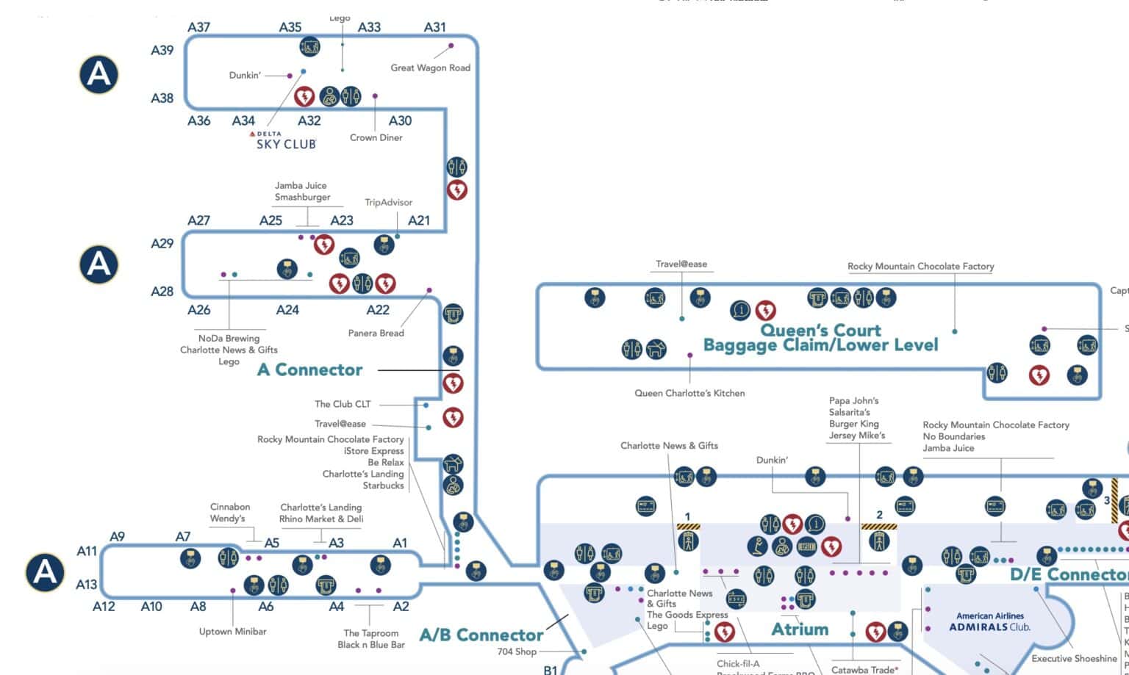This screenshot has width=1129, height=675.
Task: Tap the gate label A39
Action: [162, 51]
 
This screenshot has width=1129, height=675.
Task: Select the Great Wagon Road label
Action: [430, 68]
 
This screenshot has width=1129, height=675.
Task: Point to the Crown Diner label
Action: [376, 137]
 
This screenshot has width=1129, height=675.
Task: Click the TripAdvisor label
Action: [388, 202]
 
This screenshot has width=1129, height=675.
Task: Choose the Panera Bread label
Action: [376, 333]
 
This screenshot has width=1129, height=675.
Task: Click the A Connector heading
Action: [309, 369]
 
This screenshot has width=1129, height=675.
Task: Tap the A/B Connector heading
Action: [481, 635]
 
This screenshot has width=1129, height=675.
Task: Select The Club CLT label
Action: [343, 404]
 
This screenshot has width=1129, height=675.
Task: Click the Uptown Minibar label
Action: [232, 632]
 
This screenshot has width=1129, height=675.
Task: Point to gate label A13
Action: [87, 585]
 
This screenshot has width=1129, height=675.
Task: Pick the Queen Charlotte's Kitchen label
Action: [689, 393]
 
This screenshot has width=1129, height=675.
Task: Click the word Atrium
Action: [800, 629]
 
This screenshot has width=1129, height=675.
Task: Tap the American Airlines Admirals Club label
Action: [989, 621]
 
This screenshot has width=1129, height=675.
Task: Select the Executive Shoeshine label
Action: [1074, 659]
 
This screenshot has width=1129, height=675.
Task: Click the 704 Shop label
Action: [517, 651]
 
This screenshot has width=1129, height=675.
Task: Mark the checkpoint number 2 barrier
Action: [878, 527]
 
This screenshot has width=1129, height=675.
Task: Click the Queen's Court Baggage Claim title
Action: [820, 338]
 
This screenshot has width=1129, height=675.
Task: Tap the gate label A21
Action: [419, 220]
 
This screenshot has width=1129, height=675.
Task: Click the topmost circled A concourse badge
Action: [99, 74]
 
